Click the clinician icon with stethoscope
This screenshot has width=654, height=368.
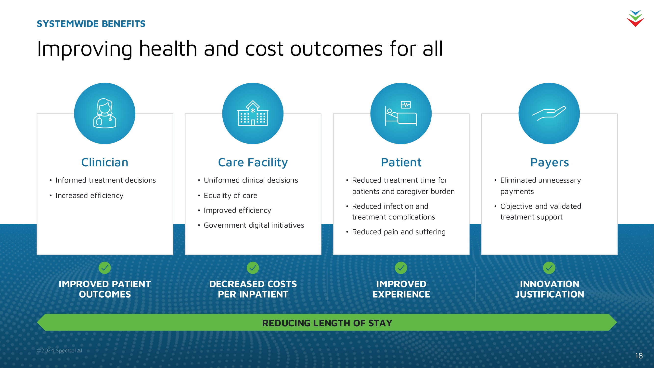point(105,113)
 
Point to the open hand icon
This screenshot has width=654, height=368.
point(549,113)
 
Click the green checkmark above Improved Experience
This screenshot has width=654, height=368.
point(401,268)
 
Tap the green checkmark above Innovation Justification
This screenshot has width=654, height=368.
point(549,268)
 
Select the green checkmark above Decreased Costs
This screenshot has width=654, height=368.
point(253,268)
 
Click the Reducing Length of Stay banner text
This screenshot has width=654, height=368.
point(327,323)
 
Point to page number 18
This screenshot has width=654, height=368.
point(639,355)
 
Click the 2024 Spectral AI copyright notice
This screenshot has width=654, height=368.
point(59,351)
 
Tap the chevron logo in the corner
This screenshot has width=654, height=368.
point(635,18)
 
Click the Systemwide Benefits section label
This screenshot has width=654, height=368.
point(91,24)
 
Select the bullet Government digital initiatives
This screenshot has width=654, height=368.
point(254,225)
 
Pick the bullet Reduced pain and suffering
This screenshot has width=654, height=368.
point(398,232)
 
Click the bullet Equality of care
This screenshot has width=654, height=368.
point(231,196)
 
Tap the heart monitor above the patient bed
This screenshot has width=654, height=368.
point(405,104)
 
